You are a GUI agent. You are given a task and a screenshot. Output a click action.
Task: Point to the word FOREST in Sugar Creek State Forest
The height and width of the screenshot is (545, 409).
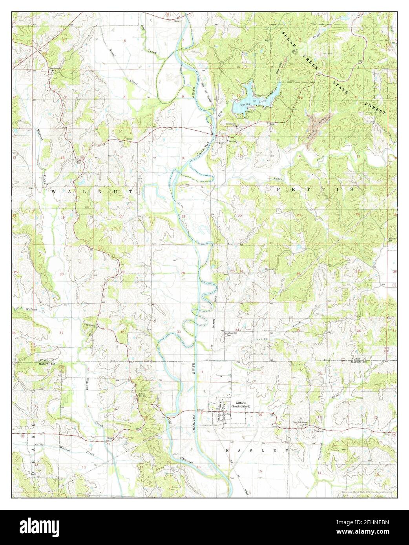pyautogui.click(x=375, y=105)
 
